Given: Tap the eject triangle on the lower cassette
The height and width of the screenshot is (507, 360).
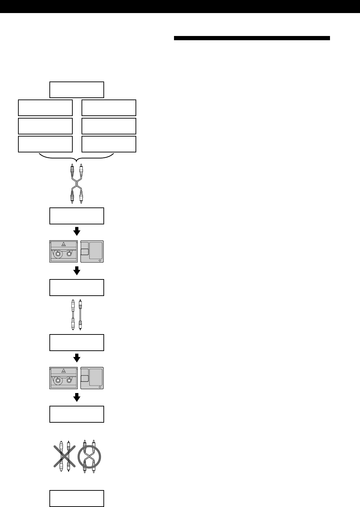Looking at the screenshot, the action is click(x=64, y=370).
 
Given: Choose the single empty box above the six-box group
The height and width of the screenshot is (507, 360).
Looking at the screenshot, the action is click(x=77, y=90).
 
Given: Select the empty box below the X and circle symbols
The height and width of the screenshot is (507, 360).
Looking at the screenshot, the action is click(x=77, y=498).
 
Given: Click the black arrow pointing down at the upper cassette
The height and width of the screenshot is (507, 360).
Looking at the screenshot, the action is click(x=77, y=232).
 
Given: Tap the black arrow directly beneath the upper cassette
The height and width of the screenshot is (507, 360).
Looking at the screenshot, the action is click(x=77, y=271).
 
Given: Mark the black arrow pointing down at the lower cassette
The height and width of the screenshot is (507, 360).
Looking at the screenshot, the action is click(x=77, y=358).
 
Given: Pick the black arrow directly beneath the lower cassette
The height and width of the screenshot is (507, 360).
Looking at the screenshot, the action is click(x=77, y=398).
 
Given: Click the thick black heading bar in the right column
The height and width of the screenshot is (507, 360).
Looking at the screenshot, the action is click(x=252, y=38).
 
